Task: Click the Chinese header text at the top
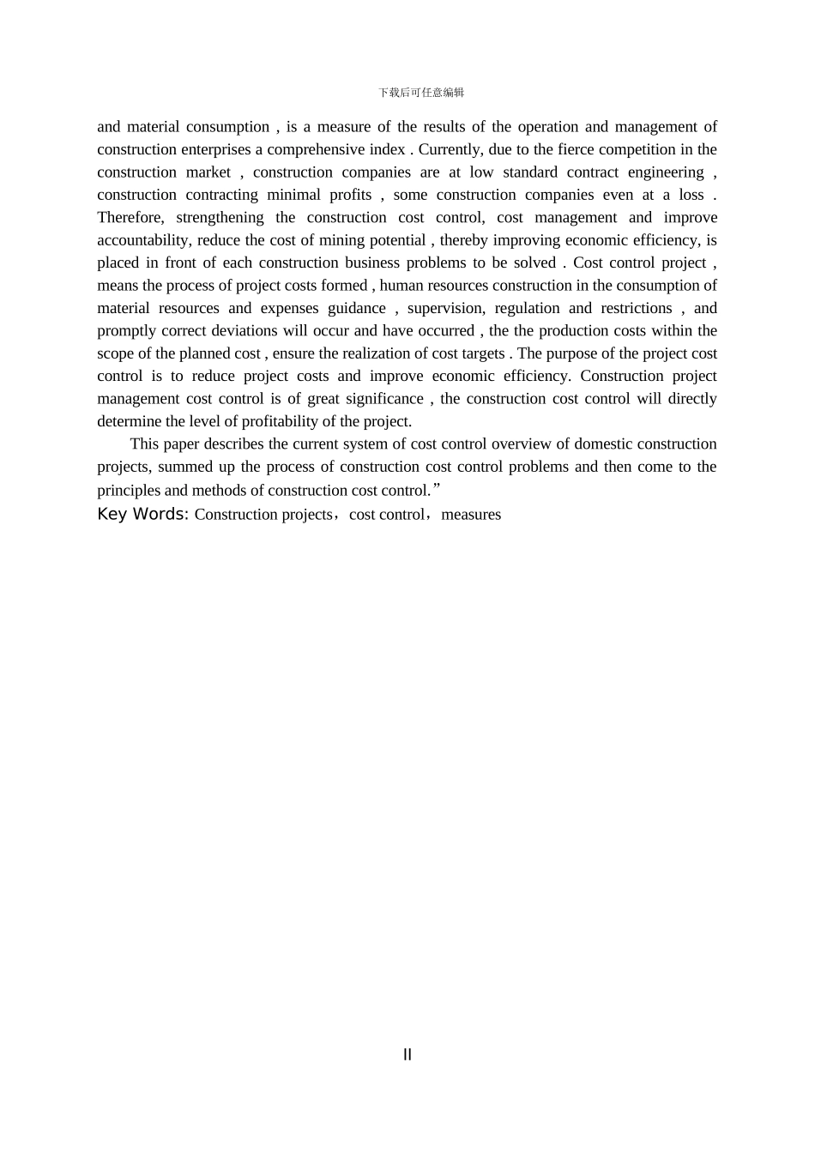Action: coord(421,93)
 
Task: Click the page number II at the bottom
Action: coord(407,1054)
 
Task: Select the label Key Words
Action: coord(142,514)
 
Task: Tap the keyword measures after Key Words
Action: coord(471,515)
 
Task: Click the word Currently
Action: coord(450,149)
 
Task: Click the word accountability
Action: coord(143,240)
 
